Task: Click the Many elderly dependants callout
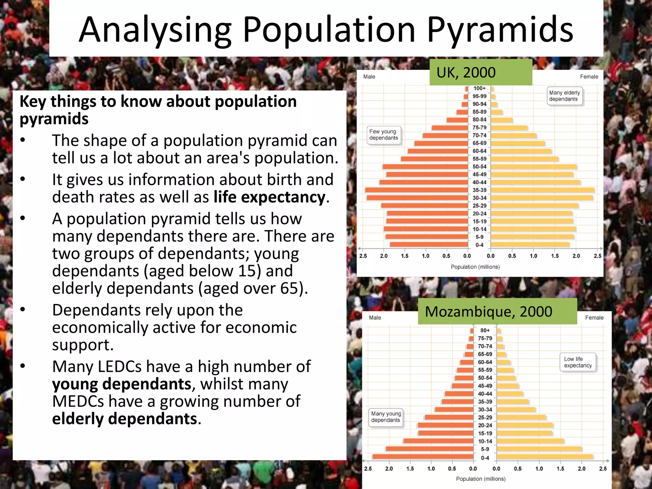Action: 564,96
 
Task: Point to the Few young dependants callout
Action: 383,135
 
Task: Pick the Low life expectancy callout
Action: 578,362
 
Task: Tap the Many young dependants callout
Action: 386,417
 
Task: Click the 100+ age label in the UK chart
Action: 479,88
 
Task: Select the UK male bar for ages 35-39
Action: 416,190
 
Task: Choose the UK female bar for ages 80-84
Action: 501,120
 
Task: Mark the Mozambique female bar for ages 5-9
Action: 539,449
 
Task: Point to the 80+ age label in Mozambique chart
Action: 485,330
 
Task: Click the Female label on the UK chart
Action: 589,77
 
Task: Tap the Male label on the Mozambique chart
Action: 375,318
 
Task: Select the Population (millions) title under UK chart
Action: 475,267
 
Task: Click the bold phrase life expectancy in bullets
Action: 269,197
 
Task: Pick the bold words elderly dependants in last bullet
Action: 124,419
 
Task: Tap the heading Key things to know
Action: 158,102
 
